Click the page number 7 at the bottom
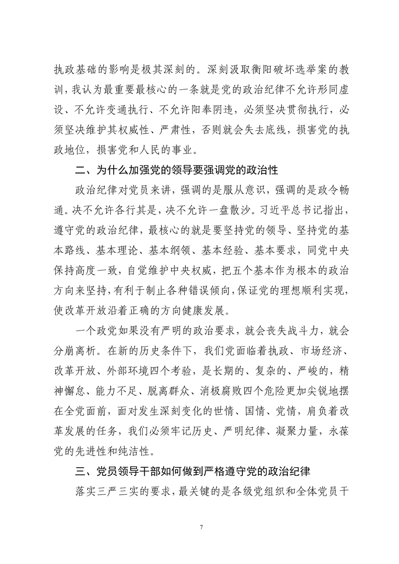(199, 527)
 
